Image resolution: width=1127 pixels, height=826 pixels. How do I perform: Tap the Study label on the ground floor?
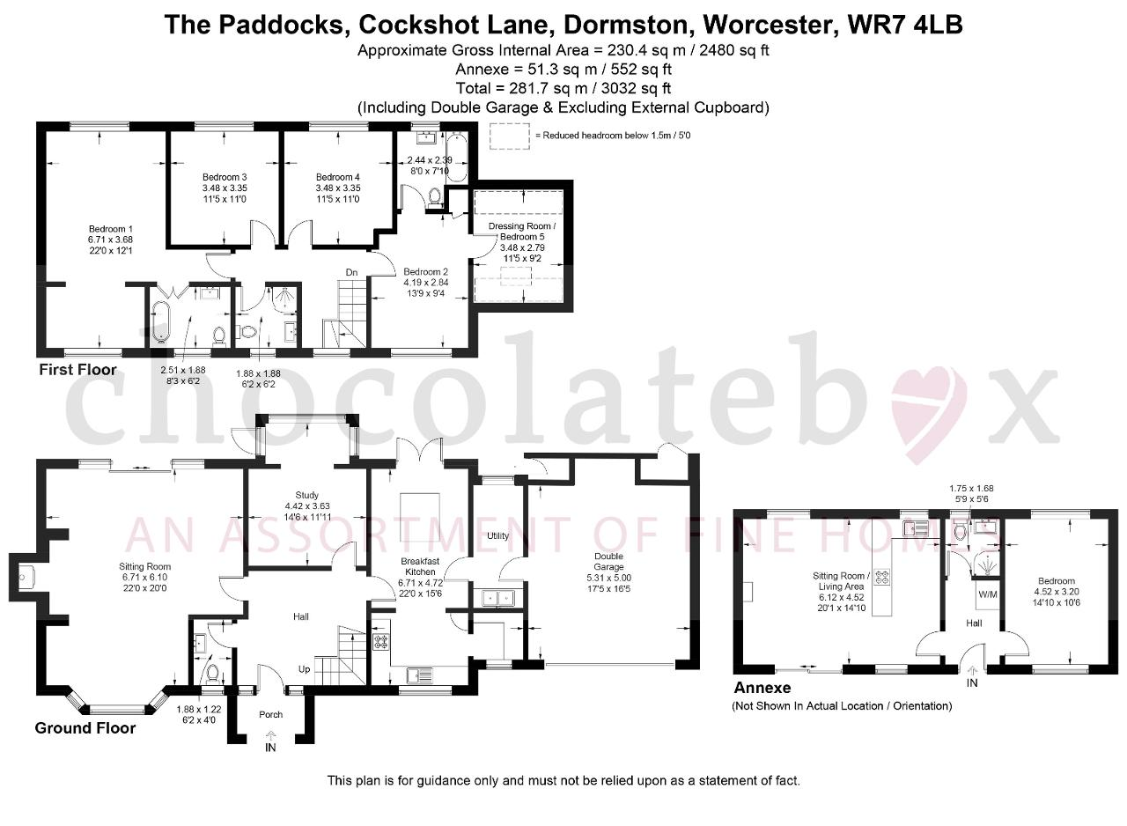(x=307, y=495)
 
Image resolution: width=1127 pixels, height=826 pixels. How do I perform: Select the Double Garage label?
(x=608, y=562)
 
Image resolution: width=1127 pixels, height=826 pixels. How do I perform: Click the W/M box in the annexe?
(x=988, y=594)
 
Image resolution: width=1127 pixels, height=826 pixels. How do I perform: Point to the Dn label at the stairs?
(x=351, y=272)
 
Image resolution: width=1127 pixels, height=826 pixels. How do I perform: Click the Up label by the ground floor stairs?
(x=305, y=669)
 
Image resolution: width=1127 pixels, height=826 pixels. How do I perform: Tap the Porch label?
(x=270, y=714)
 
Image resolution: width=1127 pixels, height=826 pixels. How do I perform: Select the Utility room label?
(x=497, y=535)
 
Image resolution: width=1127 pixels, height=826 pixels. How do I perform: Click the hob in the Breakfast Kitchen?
(x=381, y=642)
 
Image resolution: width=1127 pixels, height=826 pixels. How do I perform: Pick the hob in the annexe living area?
(x=882, y=577)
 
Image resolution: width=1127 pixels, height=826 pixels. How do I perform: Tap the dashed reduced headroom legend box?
(x=510, y=136)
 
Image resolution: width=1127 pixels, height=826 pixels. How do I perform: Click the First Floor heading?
(x=78, y=370)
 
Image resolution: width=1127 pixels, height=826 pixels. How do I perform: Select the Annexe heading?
(x=762, y=687)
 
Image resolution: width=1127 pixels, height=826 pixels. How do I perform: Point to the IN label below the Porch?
(x=270, y=748)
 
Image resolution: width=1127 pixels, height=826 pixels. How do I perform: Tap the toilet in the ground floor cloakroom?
(x=213, y=673)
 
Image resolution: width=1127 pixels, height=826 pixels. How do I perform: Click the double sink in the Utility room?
(x=497, y=598)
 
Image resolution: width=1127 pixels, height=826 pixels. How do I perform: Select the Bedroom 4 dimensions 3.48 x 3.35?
(x=337, y=188)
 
